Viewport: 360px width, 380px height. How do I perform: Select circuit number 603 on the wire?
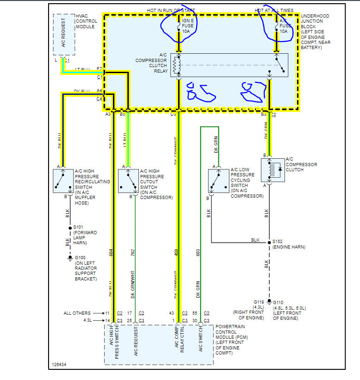[x=198, y=252]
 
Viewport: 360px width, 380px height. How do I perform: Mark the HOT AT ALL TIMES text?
[x=274, y=10]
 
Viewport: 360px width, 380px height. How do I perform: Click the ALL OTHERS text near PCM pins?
[x=77, y=313]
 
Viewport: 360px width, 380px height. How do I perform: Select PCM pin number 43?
[x=173, y=313]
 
